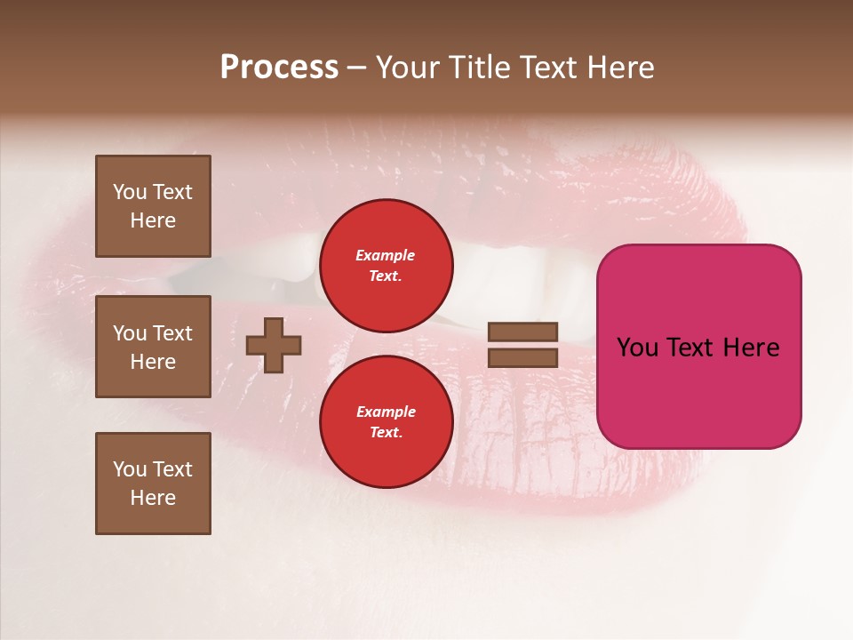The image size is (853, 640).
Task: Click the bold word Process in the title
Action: pyautogui.click(x=279, y=68)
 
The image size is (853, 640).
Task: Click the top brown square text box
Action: pyautogui.click(x=153, y=206)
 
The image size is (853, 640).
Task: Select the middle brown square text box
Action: pyautogui.click(x=153, y=347)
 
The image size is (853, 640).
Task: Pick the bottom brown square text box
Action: pyautogui.click(x=153, y=483)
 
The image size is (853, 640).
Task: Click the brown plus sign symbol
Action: pyautogui.click(x=274, y=345)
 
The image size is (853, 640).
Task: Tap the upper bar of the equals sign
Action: pyautogui.click(x=522, y=332)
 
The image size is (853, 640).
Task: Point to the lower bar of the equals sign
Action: pyautogui.click(x=522, y=357)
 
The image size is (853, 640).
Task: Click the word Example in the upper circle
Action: pyautogui.click(x=385, y=255)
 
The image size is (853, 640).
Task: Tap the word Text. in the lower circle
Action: pyautogui.click(x=386, y=433)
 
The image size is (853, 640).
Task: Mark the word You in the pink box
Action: pyautogui.click(x=636, y=348)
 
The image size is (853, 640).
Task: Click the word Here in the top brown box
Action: pyautogui.click(x=153, y=220)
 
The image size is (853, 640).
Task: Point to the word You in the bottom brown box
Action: pyautogui.click(x=130, y=469)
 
